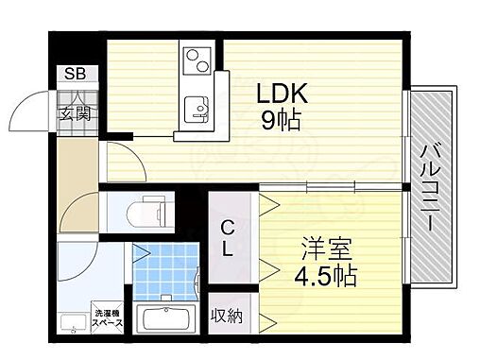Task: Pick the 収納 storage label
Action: click(x=227, y=316)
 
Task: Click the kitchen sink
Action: click(x=197, y=106)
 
